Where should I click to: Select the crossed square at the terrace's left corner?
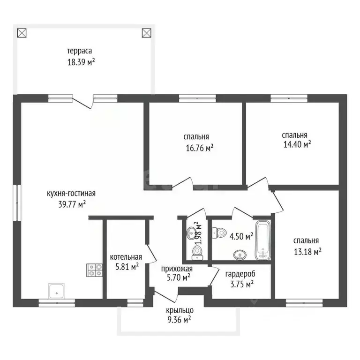click(22, 33)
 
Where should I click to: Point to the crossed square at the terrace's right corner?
click(147, 33)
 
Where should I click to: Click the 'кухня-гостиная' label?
click(71, 193)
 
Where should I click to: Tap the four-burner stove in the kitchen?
click(95, 270)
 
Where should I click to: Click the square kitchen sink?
click(57, 291)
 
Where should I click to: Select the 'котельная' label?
click(126, 257)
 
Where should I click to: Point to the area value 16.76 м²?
click(200, 148)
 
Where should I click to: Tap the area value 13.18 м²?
click(307, 252)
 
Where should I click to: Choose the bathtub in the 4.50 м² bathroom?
click(262, 240)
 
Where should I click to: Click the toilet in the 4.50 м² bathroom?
click(217, 232)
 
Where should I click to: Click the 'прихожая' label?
click(176, 269)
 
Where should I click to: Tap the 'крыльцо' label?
click(179, 310)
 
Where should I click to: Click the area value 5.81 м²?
click(125, 267)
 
